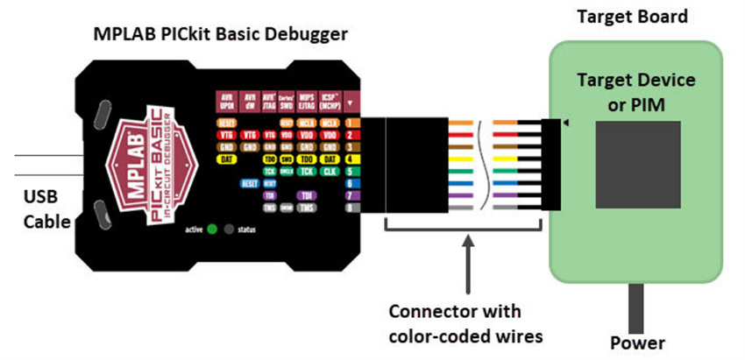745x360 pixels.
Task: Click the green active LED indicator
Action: click(x=212, y=229)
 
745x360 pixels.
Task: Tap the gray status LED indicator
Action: click(x=230, y=229)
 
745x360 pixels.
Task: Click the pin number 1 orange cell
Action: click(x=350, y=124)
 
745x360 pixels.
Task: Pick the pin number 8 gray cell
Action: click(x=350, y=208)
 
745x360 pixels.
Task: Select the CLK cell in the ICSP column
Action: click(x=330, y=172)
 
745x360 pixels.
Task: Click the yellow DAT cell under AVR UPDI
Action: click(x=225, y=160)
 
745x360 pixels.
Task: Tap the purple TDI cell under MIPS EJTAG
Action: click(x=307, y=195)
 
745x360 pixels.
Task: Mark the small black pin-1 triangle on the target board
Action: click(x=565, y=124)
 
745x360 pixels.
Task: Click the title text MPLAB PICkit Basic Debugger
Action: click(x=221, y=35)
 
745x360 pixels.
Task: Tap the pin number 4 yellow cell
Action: click(x=350, y=159)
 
